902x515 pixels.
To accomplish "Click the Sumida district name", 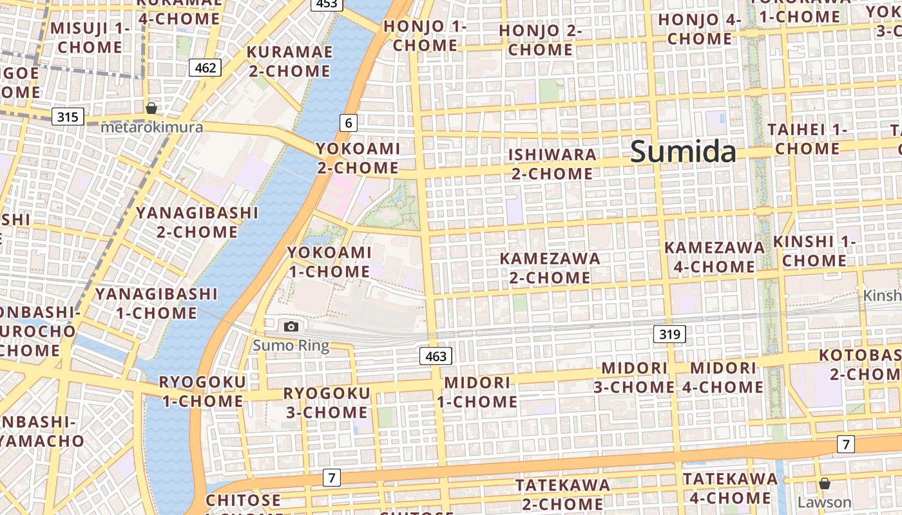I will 683,151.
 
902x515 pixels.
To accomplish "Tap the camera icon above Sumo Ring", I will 291,326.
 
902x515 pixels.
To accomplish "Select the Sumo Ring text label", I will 291,346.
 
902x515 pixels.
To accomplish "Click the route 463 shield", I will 436,356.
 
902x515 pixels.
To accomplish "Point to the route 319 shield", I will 669,334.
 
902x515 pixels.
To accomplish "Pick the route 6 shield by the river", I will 348,122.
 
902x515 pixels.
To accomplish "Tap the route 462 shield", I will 205,67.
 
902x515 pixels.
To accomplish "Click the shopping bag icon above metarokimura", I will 151,108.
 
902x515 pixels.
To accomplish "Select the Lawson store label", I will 824,502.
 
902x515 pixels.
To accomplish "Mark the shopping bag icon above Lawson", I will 824,483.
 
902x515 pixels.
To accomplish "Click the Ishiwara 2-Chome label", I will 552,164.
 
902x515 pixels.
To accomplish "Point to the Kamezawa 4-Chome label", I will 714,257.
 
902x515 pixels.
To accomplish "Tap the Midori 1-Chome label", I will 477,392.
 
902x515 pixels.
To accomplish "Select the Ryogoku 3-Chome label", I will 327,402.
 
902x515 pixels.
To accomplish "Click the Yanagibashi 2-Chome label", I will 197,222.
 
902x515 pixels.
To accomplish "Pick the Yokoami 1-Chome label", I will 329,262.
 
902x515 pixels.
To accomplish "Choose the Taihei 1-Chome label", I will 807,139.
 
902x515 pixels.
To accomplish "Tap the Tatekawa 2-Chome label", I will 562,494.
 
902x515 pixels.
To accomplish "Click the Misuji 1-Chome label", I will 90,38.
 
